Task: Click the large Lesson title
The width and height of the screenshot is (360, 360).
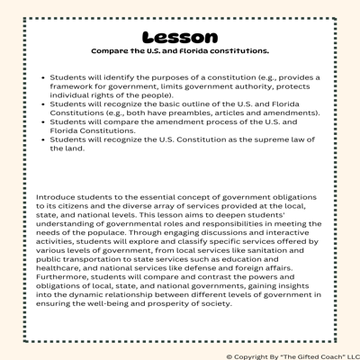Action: [180, 37]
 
